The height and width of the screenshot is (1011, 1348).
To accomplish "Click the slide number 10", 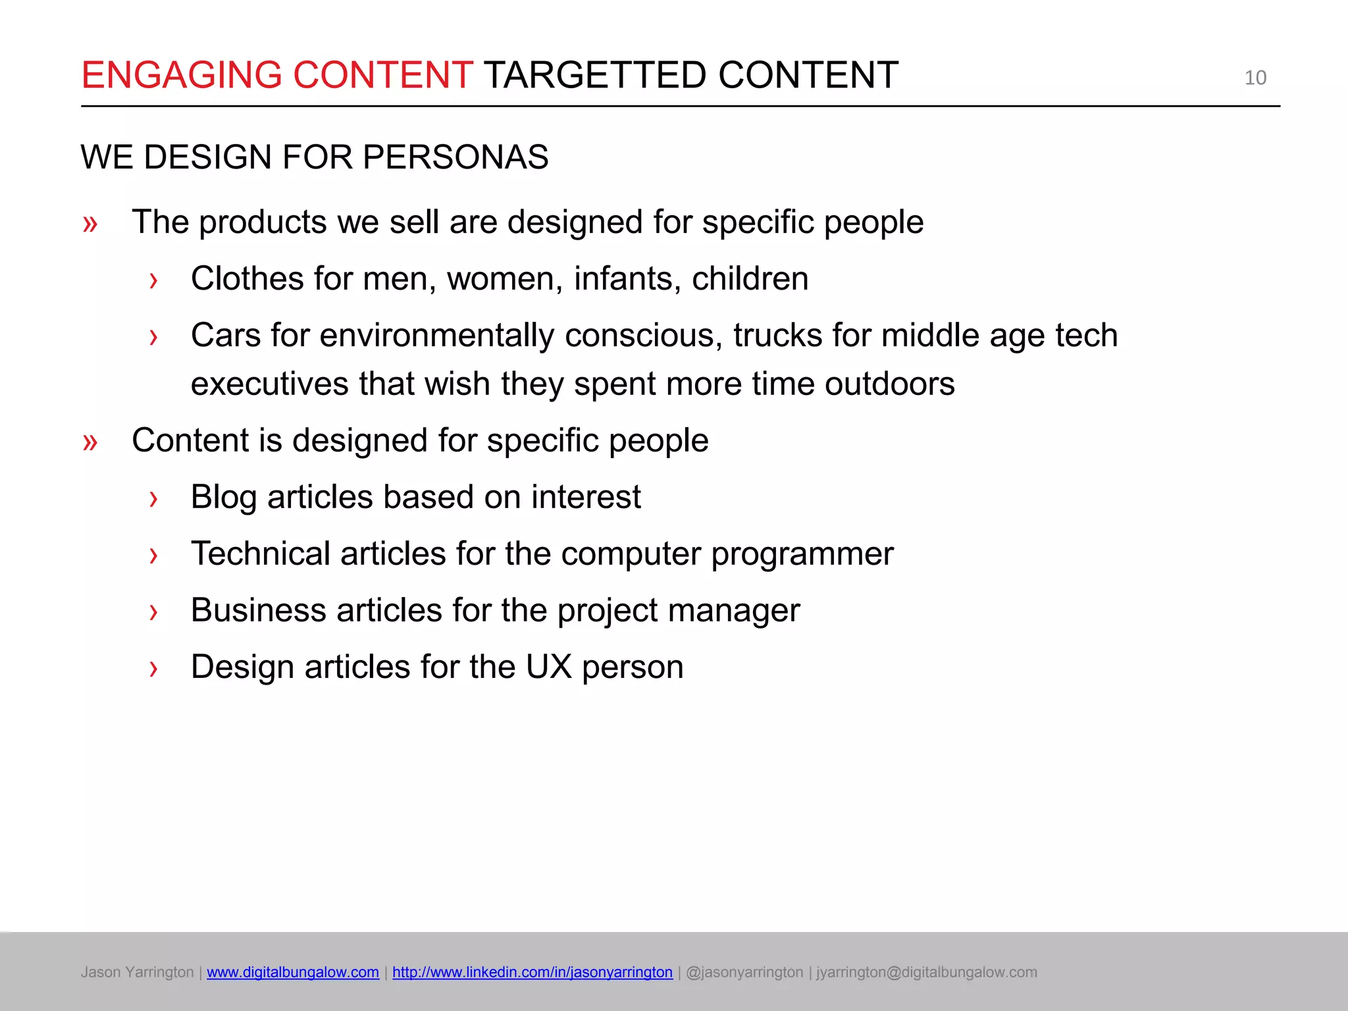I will point(1255,78).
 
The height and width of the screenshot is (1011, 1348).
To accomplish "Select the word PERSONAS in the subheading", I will point(455,157).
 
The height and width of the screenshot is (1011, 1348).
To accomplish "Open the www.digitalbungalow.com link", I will point(293,972).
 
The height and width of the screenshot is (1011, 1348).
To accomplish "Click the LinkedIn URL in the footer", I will point(532,972).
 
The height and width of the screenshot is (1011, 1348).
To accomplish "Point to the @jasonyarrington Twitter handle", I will point(744,972).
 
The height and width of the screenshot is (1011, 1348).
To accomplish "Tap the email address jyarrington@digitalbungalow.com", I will point(927,972).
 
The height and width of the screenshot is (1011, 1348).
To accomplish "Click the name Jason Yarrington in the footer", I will point(137,972).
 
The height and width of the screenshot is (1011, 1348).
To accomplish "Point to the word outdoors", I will point(889,384).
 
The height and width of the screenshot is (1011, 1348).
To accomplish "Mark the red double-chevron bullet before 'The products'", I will point(90,224).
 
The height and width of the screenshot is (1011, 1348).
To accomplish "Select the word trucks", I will point(777,335).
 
